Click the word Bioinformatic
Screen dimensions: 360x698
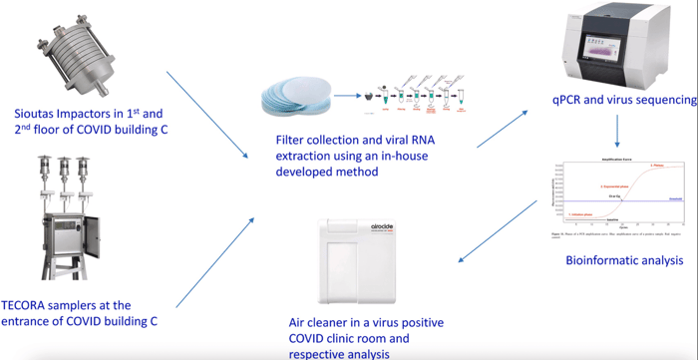[x=586, y=260]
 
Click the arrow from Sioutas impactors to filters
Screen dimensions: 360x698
[x=208, y=114]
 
